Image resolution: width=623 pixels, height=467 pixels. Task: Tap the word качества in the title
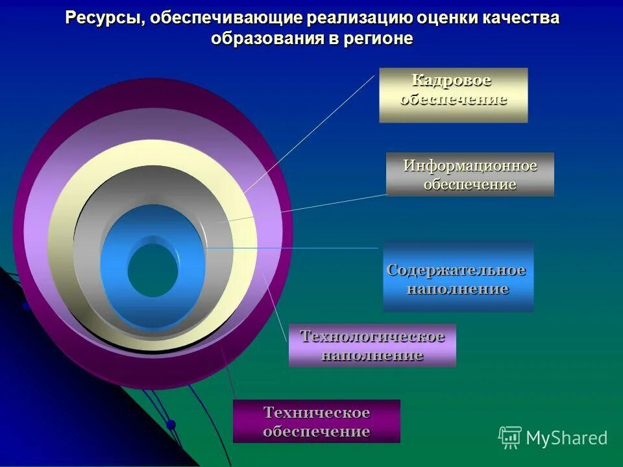click(519, 19)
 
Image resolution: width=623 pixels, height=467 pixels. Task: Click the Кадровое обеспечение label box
click(453, 95)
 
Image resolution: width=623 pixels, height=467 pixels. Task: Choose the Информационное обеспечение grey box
click(470, 174)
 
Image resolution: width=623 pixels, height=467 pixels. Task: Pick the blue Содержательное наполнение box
click(458, 277)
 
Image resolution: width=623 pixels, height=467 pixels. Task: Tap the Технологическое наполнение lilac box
click(372, 345)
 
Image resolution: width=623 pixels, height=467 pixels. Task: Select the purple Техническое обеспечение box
click(316, 421)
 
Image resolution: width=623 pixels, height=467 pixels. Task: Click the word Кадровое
click(452, 80)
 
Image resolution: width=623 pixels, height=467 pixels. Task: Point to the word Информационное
click(470, 165)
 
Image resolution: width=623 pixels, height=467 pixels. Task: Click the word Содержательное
click(456, 269)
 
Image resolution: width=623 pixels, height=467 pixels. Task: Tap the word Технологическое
click(372, 337)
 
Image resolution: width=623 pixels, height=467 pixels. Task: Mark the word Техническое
click(316, 413)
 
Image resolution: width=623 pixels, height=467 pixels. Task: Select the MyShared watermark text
click(567, 438)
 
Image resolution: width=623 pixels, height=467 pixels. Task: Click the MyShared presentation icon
click(509, 437)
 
